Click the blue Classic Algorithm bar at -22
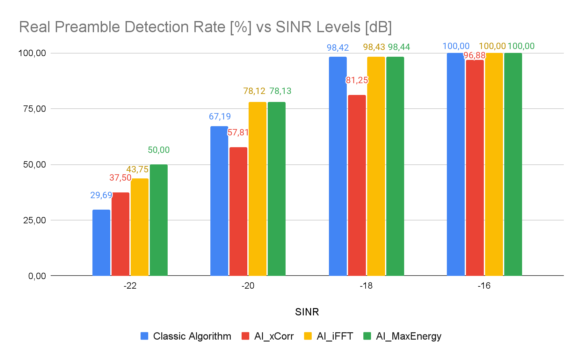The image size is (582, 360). [101, 242]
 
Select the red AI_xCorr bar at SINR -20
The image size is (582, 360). [238, 211]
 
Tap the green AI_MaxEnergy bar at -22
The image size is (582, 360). [159, 220]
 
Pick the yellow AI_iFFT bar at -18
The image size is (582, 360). [376, 166]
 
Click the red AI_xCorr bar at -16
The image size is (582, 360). [475, 168]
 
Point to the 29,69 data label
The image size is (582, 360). [101, 195]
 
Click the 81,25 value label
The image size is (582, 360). [357, 80]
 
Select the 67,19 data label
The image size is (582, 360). [220, 117]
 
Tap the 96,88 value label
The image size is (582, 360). [475, 56]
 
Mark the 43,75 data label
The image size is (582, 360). [137, 169]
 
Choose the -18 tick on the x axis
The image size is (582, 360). [366, 286]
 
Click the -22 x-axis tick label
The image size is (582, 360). [130, 286]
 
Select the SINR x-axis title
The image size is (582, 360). [307, 312]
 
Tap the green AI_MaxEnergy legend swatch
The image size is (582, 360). [367, 336]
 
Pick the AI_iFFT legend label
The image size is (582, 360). [335, 336]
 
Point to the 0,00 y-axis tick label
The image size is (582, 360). [37, 276]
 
